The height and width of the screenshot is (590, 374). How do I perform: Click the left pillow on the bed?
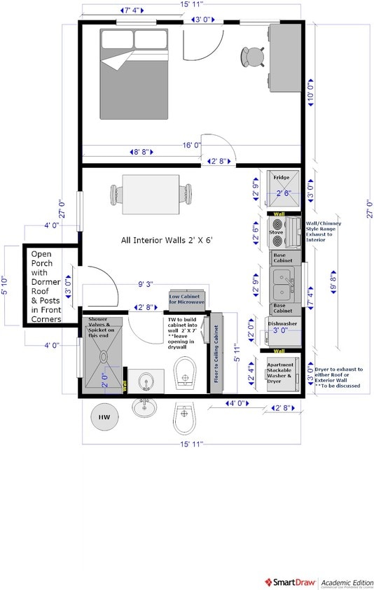pos(117,39)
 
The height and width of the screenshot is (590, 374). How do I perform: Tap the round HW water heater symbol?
pos(104,418)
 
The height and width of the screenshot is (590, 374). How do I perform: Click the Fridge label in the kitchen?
pos(282,178)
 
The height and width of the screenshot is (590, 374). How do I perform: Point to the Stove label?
pos(276,232)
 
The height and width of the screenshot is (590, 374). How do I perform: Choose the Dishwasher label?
pos(283,323)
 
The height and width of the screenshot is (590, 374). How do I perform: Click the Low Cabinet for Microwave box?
pos(184,299)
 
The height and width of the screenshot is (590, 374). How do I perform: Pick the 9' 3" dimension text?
pos(145,285)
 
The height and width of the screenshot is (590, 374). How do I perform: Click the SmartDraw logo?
pos(289,582)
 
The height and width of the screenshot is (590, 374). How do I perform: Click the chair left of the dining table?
pos(115,192)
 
